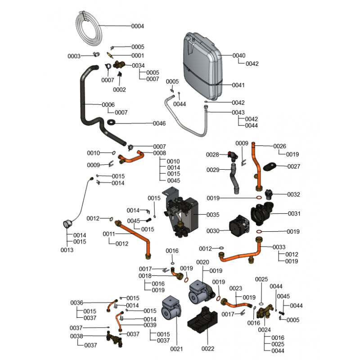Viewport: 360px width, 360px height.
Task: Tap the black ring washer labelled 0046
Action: click(x=110, y=123)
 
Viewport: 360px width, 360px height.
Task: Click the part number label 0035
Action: click(x=213, y=215)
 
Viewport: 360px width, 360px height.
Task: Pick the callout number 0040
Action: click(x=239, y=56)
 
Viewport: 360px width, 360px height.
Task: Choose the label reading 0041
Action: click(x=239, y=85)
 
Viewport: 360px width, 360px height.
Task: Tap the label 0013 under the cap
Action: click(x=67, y=250)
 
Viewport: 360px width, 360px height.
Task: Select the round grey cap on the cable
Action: click(x=67, y=223)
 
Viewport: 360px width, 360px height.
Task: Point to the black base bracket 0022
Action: click(x=202, y=321)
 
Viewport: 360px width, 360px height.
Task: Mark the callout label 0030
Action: click(x=213, y=231)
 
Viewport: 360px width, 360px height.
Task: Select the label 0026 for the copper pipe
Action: click(x=279, y=146)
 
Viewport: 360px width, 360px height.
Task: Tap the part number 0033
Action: click(x=279, y=247)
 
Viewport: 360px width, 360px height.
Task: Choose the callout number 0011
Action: click(x=109, y=234)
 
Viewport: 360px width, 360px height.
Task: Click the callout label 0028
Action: click(x=212, y=155)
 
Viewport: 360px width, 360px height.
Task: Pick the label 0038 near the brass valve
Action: click(x=76, y=337)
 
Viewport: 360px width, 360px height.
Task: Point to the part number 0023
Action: click(x=236, y=288)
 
